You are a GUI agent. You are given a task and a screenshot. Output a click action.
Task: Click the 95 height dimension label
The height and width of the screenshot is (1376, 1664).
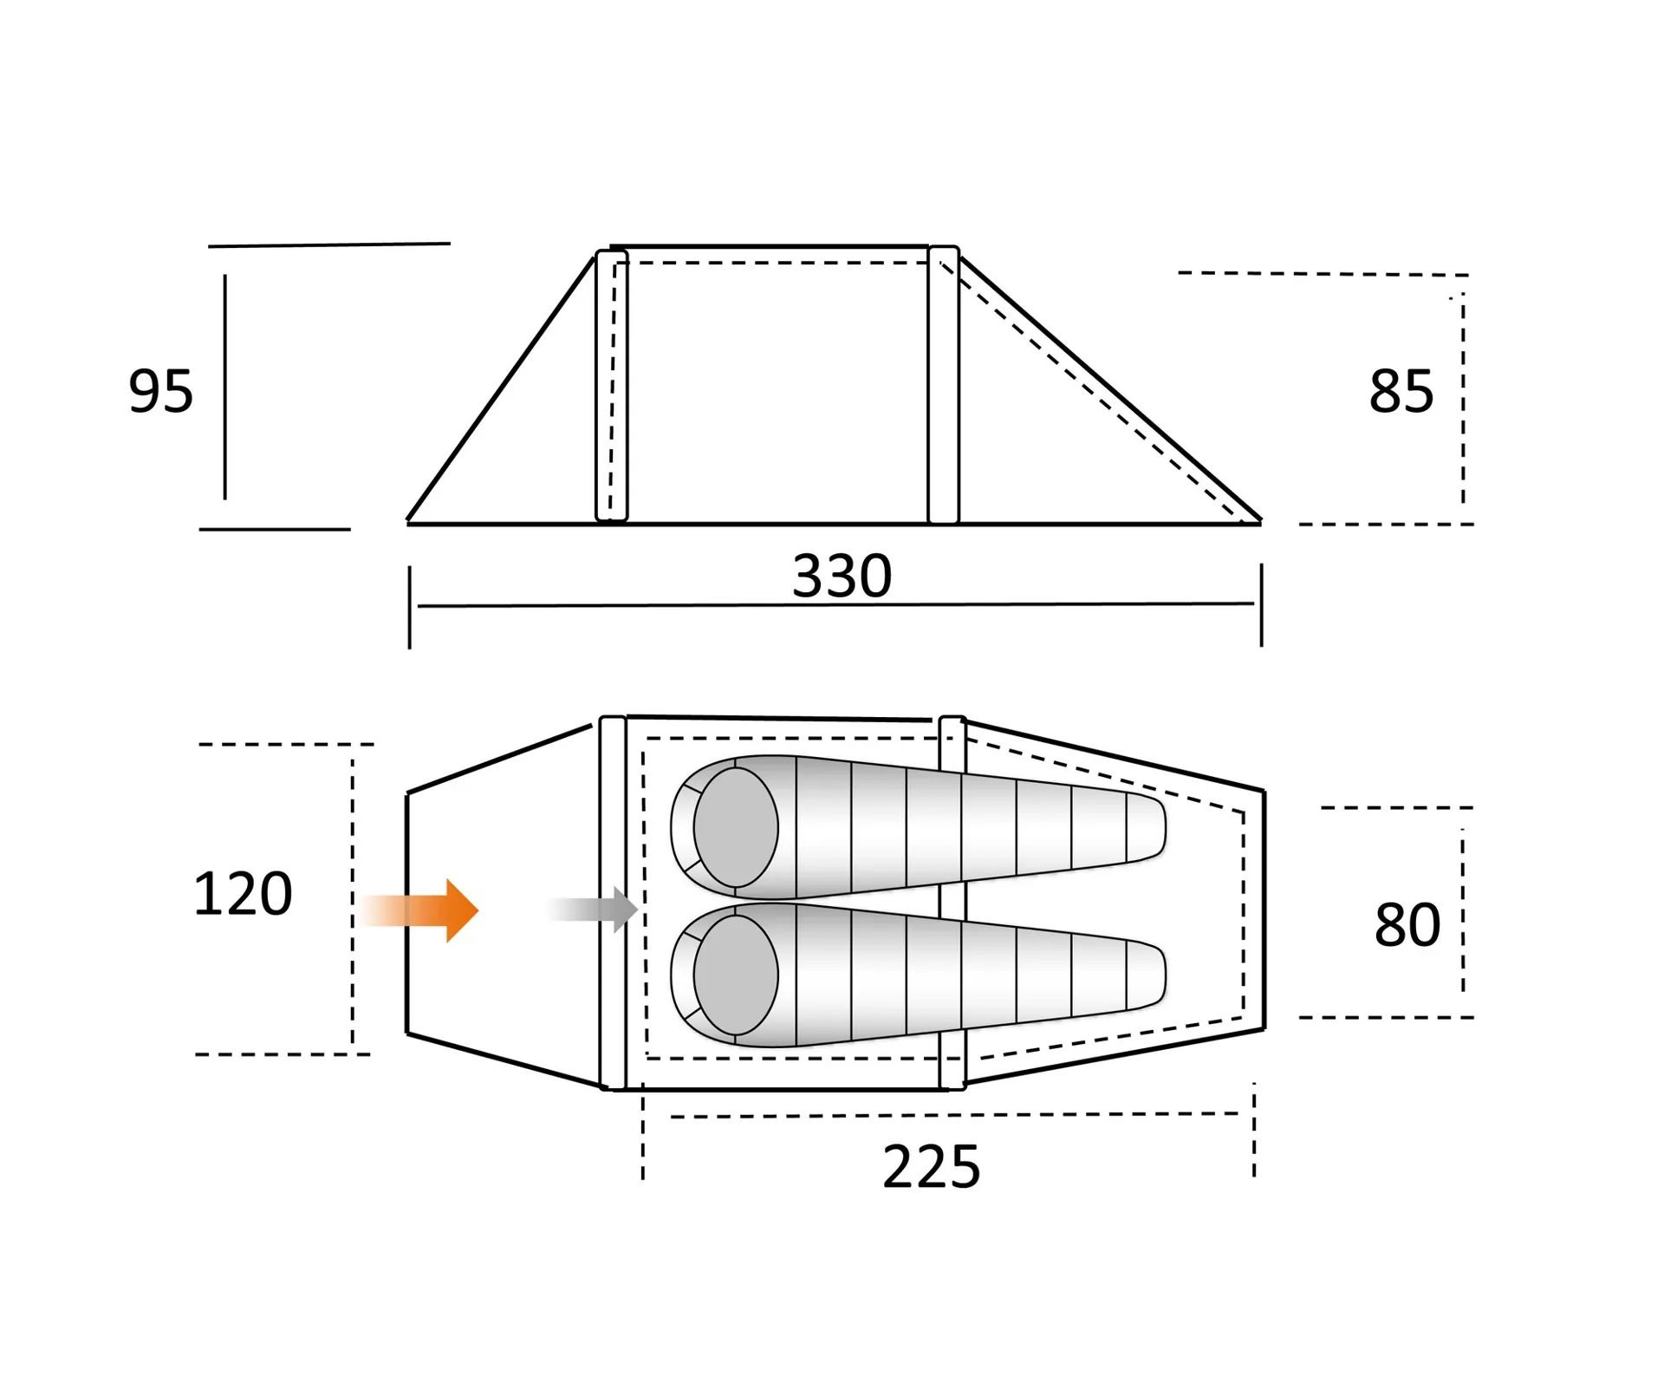click(160, 391)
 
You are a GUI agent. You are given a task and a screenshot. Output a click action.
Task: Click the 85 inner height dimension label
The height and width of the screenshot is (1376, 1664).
click(1401, 391)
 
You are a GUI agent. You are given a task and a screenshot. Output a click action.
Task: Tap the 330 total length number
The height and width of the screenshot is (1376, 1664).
click(842, 576)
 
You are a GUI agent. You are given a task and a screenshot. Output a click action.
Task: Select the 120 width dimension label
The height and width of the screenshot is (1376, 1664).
click(243, 894)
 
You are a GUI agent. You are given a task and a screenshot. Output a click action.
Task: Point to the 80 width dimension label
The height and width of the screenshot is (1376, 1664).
click(1407, 925)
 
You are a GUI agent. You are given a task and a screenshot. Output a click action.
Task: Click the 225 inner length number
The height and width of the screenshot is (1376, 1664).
click(932, 1167)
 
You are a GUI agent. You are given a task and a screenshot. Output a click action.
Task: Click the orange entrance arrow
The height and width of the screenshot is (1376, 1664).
click(419, 910)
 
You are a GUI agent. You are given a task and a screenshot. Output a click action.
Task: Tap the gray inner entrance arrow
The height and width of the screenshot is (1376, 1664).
click(593, 910)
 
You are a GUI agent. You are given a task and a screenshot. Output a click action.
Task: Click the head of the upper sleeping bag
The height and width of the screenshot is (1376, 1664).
click(736, 828)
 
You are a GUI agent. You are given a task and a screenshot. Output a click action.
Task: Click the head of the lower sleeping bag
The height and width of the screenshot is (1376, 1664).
click(736, 975)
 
